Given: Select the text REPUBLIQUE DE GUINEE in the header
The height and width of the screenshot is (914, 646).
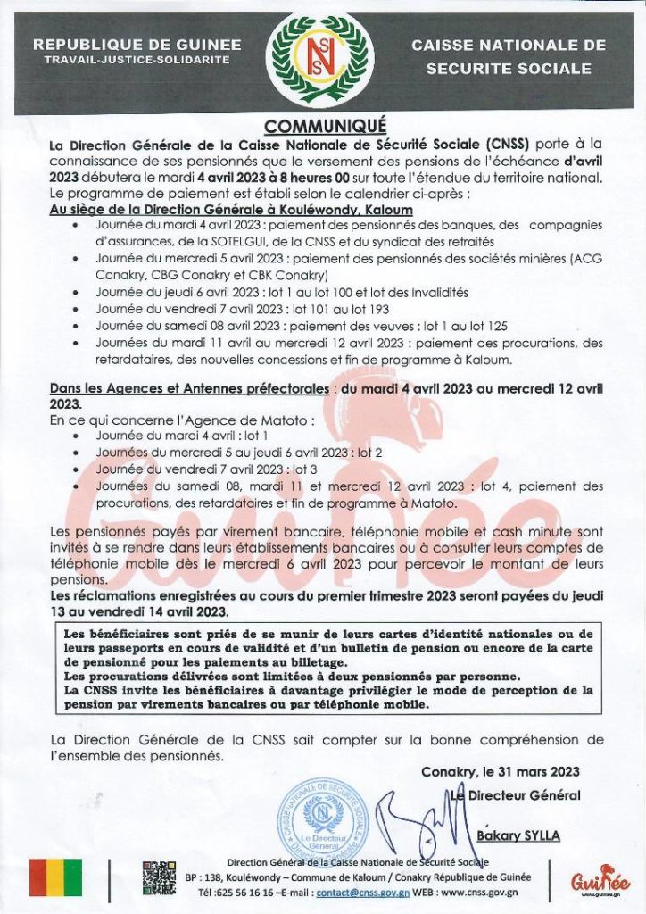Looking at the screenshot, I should (137, 44).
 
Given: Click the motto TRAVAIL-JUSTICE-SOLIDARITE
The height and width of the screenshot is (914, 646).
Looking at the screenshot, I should (137, 60).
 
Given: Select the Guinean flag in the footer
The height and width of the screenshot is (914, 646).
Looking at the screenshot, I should (55, 878).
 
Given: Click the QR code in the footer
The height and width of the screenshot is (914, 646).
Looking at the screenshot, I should (160, 878).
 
